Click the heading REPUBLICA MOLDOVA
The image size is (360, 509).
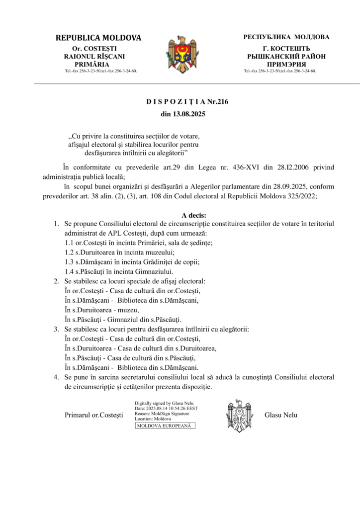point(98,38)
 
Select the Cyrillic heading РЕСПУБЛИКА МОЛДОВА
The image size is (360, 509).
point(286,37)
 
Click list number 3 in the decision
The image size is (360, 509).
point(57,329)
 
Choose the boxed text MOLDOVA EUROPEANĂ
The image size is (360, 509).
point(165,426)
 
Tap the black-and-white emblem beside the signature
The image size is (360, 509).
point(240,415)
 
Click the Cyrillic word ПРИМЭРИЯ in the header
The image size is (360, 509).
point(286,64)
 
